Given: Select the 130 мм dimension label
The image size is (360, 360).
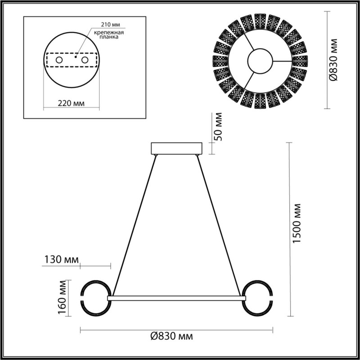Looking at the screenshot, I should pyautogui.click(x=62, y=260).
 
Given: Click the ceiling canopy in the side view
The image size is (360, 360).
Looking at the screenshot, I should pyautogui.click(x=177, y=148).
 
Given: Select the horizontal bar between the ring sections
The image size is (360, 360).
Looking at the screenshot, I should pyautogui.click(x=176, y=298).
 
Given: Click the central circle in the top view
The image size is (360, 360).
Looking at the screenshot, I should pyautogui.click(x=260, y=60).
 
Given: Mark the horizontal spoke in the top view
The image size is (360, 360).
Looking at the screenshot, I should pyautogui.click(x=282, y=61).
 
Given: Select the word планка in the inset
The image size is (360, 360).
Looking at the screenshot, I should pyautogui.click(x=109, y=38).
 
